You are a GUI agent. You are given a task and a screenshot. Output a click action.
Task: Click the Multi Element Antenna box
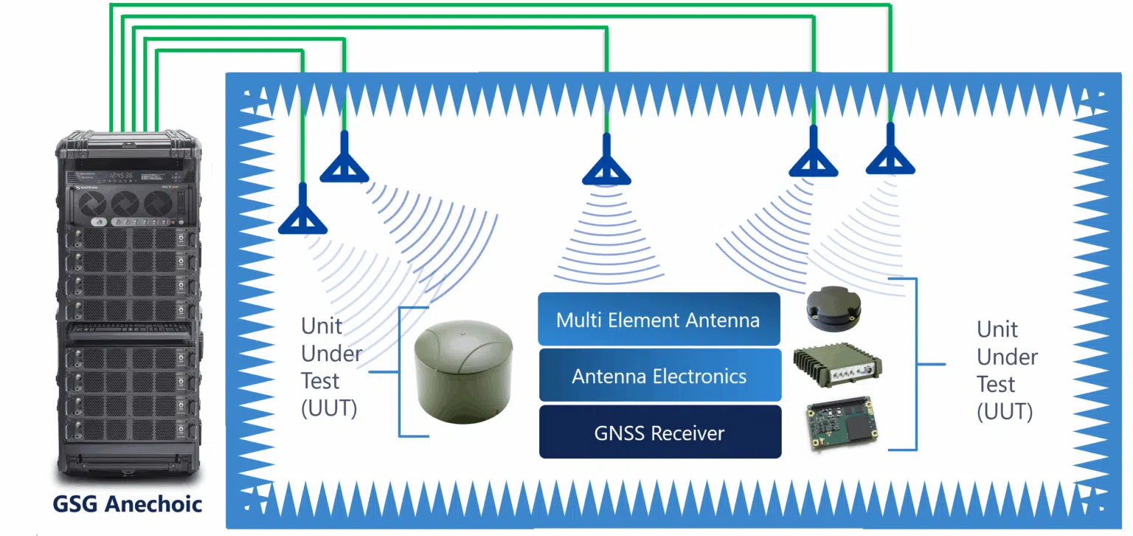pyautogui.click(x=658, y=320)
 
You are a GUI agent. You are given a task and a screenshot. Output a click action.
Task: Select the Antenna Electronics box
pyautogui.click(x=659, y=376)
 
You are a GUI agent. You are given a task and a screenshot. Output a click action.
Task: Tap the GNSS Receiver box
pyautogui.click(x=659, y=433)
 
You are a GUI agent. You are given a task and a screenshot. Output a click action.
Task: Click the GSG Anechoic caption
pyautogui.click(x=127, y=504)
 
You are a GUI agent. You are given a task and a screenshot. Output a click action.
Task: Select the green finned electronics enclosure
pyautogui.click(x=836, y=367)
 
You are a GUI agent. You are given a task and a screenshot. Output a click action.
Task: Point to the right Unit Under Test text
pyautogui.click(x=1007, y=370)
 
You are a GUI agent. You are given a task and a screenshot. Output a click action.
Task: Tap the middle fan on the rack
pyautogui.click(x=128, y=203)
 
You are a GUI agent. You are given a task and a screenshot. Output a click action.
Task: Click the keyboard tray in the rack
pyautogui.click(x=127, y=329)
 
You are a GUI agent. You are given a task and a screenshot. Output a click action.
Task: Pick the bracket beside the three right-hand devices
pyautogui.click(x=915, y=364)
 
